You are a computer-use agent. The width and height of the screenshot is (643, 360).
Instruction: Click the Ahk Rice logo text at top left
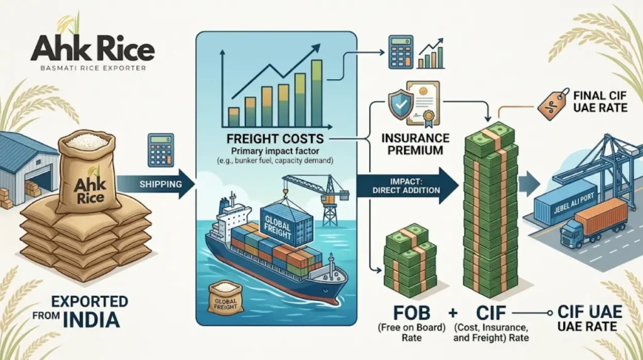(x=93, y=48)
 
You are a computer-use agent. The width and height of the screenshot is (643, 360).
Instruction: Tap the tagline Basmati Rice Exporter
(x=93, y=68)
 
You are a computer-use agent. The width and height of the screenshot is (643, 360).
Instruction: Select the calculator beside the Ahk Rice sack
(x=160, y=150)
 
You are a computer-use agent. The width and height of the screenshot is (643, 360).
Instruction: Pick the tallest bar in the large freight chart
(x=316, y=93)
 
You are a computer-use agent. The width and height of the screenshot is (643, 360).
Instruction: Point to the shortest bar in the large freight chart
(x=234, y=117)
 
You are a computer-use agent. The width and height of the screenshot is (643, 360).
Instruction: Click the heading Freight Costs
(x=275, y=138)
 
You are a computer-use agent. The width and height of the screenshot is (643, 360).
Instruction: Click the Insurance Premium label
(x=416, y=144)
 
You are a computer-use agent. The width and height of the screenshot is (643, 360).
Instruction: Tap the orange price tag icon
(x=554, y=104)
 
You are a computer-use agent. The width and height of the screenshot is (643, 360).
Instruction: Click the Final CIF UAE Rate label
(x=600, y=102)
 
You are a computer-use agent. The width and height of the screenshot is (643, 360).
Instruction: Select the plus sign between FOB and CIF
(x=453, y=314)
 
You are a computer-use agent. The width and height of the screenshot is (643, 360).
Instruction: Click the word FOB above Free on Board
(x=411, y=314)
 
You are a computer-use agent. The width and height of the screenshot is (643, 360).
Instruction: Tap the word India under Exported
(x=92, y=320)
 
